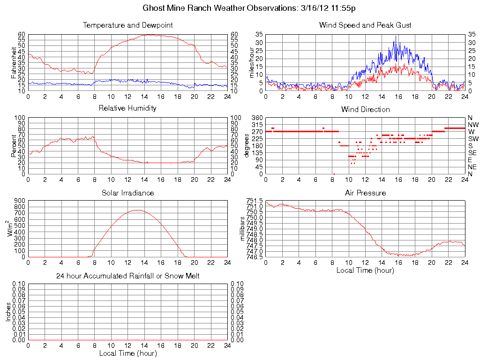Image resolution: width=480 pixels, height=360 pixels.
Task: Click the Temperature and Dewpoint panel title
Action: pyautogui.click(x=127, y=25)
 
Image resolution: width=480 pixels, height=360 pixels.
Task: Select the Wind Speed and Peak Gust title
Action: pyautogui.click(x=365, y=25)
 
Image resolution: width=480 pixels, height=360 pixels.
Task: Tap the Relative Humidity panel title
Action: pyautogui.click(x=127, y=108)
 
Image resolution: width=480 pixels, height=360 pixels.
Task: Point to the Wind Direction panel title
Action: pyautogui.click(x=365, y=109)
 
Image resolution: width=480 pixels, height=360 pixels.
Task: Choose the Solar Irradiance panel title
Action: pyautogui.click(x=127, y=193)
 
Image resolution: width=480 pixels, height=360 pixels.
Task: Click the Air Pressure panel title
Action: pyautogui.click(x=365, y=193)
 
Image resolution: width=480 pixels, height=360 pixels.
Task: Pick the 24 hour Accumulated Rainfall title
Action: pyautogui.click(x=127, y=276)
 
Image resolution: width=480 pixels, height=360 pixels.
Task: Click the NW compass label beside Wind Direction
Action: pyautogui.click(x=472, y=125)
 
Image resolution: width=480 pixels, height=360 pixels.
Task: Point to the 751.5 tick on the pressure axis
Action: pyautogui.click(x=255, y=201)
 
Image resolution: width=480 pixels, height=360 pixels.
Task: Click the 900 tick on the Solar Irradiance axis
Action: pyautogui.click(x=20, y=201)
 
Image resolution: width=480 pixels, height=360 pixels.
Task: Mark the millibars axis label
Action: pyautogui.click(x=243, y=229)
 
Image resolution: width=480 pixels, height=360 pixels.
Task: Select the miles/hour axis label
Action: pyautogui.click(x=252, y=62)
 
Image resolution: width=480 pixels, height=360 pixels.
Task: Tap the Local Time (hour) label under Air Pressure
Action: pyautogui.click(x=365, y=270)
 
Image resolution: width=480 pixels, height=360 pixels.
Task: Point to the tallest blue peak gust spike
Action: pyautogui.click(x=396, y=36)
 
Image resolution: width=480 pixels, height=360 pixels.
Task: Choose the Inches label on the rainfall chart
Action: pyautogui.click(x=7, y=312)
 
